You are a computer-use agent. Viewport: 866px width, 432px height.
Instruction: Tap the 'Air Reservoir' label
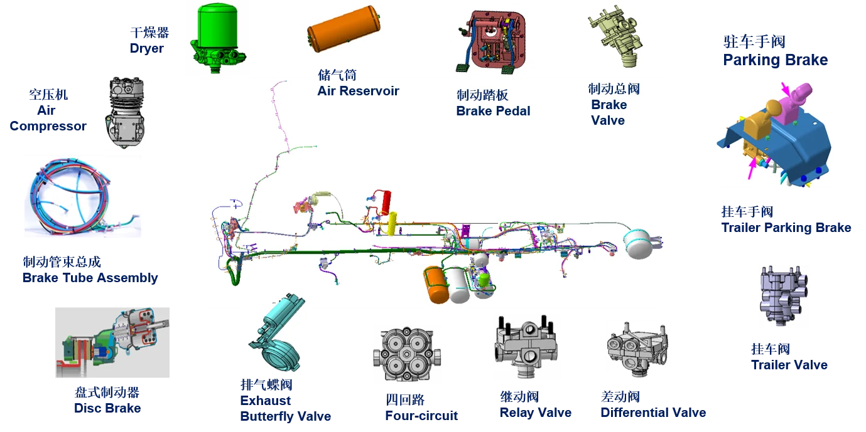pos(358,91)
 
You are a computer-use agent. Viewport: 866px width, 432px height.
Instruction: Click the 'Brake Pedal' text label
pos(493,111)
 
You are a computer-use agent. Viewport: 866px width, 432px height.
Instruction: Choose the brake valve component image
pos(614,36)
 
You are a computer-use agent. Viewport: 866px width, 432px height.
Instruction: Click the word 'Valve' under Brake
pos(608,120)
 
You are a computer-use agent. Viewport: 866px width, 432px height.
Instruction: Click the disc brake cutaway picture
pos(113,343)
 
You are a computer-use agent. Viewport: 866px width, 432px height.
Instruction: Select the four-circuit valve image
pos(406,354)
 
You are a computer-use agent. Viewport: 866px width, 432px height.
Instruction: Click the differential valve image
pos(637,349)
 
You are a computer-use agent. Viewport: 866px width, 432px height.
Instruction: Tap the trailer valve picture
pos(788,295)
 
